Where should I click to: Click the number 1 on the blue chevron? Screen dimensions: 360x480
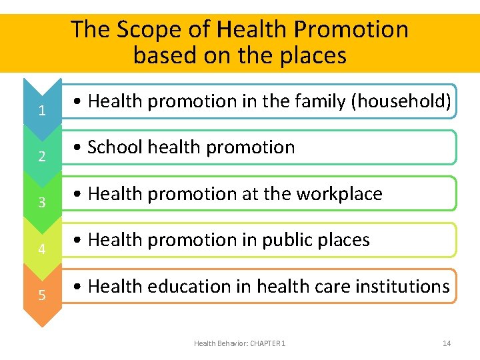[42, 111]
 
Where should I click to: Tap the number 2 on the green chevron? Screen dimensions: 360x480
[42, 157]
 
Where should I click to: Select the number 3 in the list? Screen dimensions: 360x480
[42, 203]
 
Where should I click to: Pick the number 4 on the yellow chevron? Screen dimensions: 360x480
[42, 249]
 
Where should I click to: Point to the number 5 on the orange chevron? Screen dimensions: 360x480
[42, 295]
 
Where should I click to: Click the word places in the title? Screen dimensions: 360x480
[313, 55]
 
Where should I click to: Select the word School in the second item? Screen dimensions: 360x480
[114, 147]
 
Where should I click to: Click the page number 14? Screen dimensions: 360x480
[447, 343]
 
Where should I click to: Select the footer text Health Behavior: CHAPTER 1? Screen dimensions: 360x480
[239, 343]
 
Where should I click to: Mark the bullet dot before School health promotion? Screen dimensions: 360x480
[79, 148]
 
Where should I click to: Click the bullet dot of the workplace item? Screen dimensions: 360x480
[79, 195]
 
